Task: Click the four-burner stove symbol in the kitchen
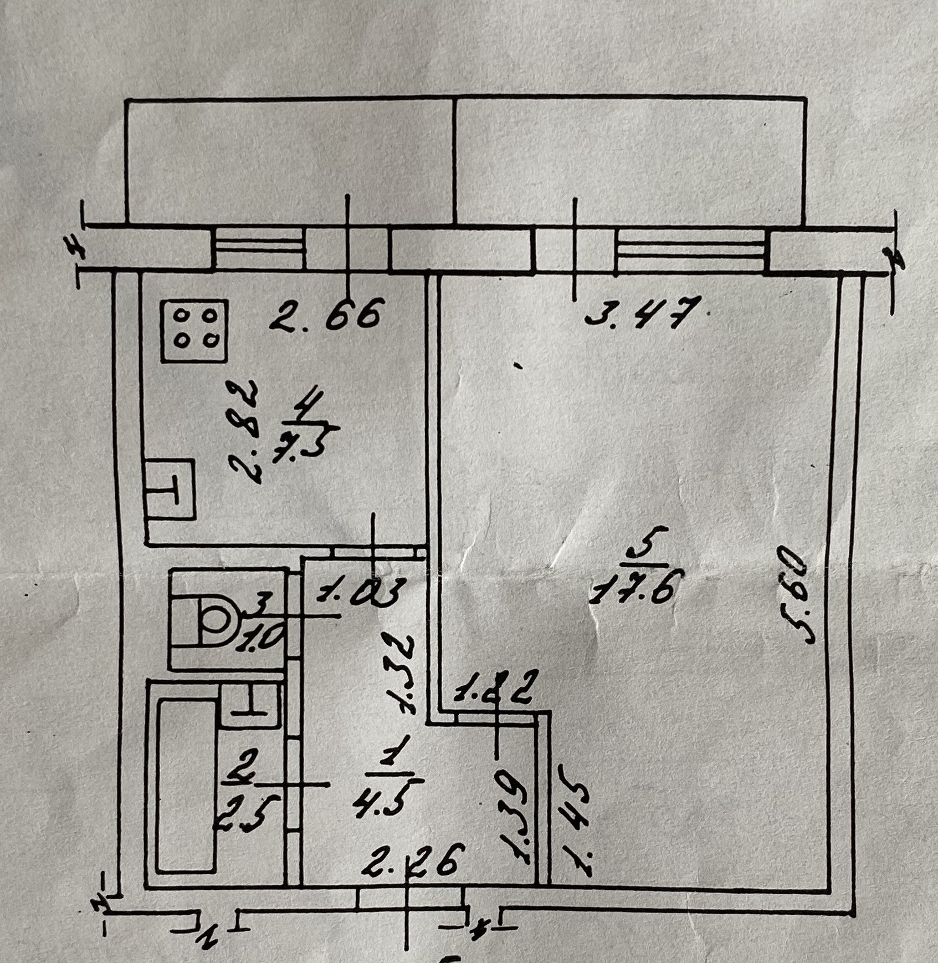(x=194, y=331)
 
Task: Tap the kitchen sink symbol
(x=171, y=490)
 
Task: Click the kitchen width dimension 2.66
(x=327, y=314)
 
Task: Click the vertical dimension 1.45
(x=576, y=821)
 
